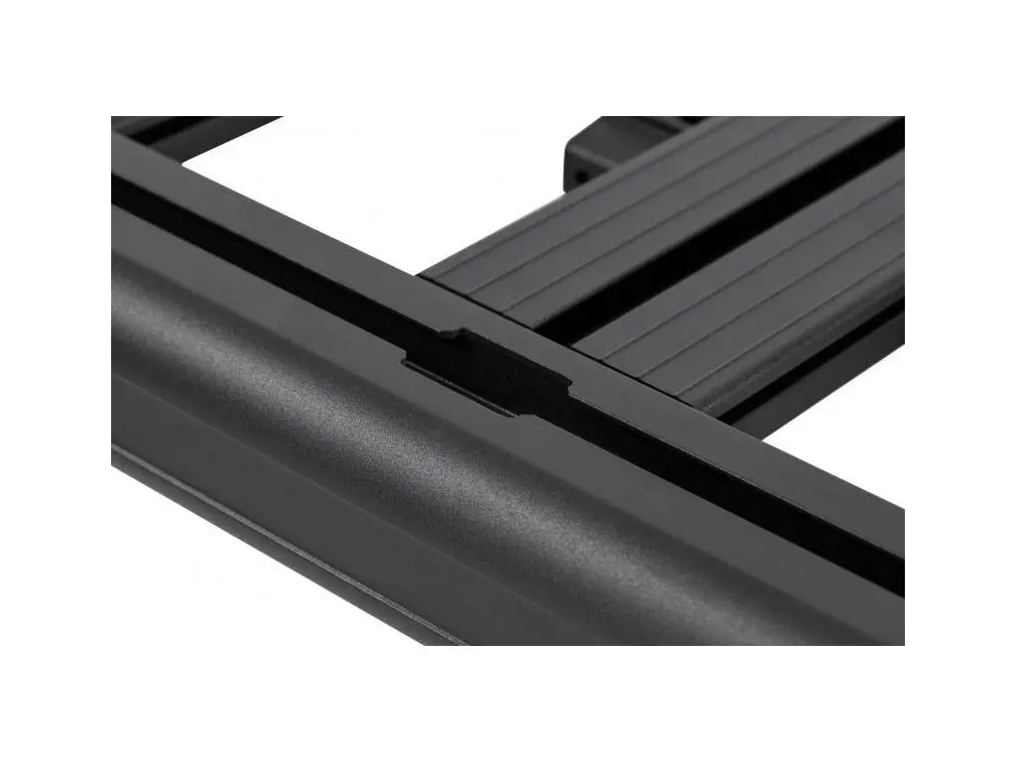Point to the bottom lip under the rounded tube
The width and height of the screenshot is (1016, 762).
coord(298,556)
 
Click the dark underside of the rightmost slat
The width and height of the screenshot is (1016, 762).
coord(843,362)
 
